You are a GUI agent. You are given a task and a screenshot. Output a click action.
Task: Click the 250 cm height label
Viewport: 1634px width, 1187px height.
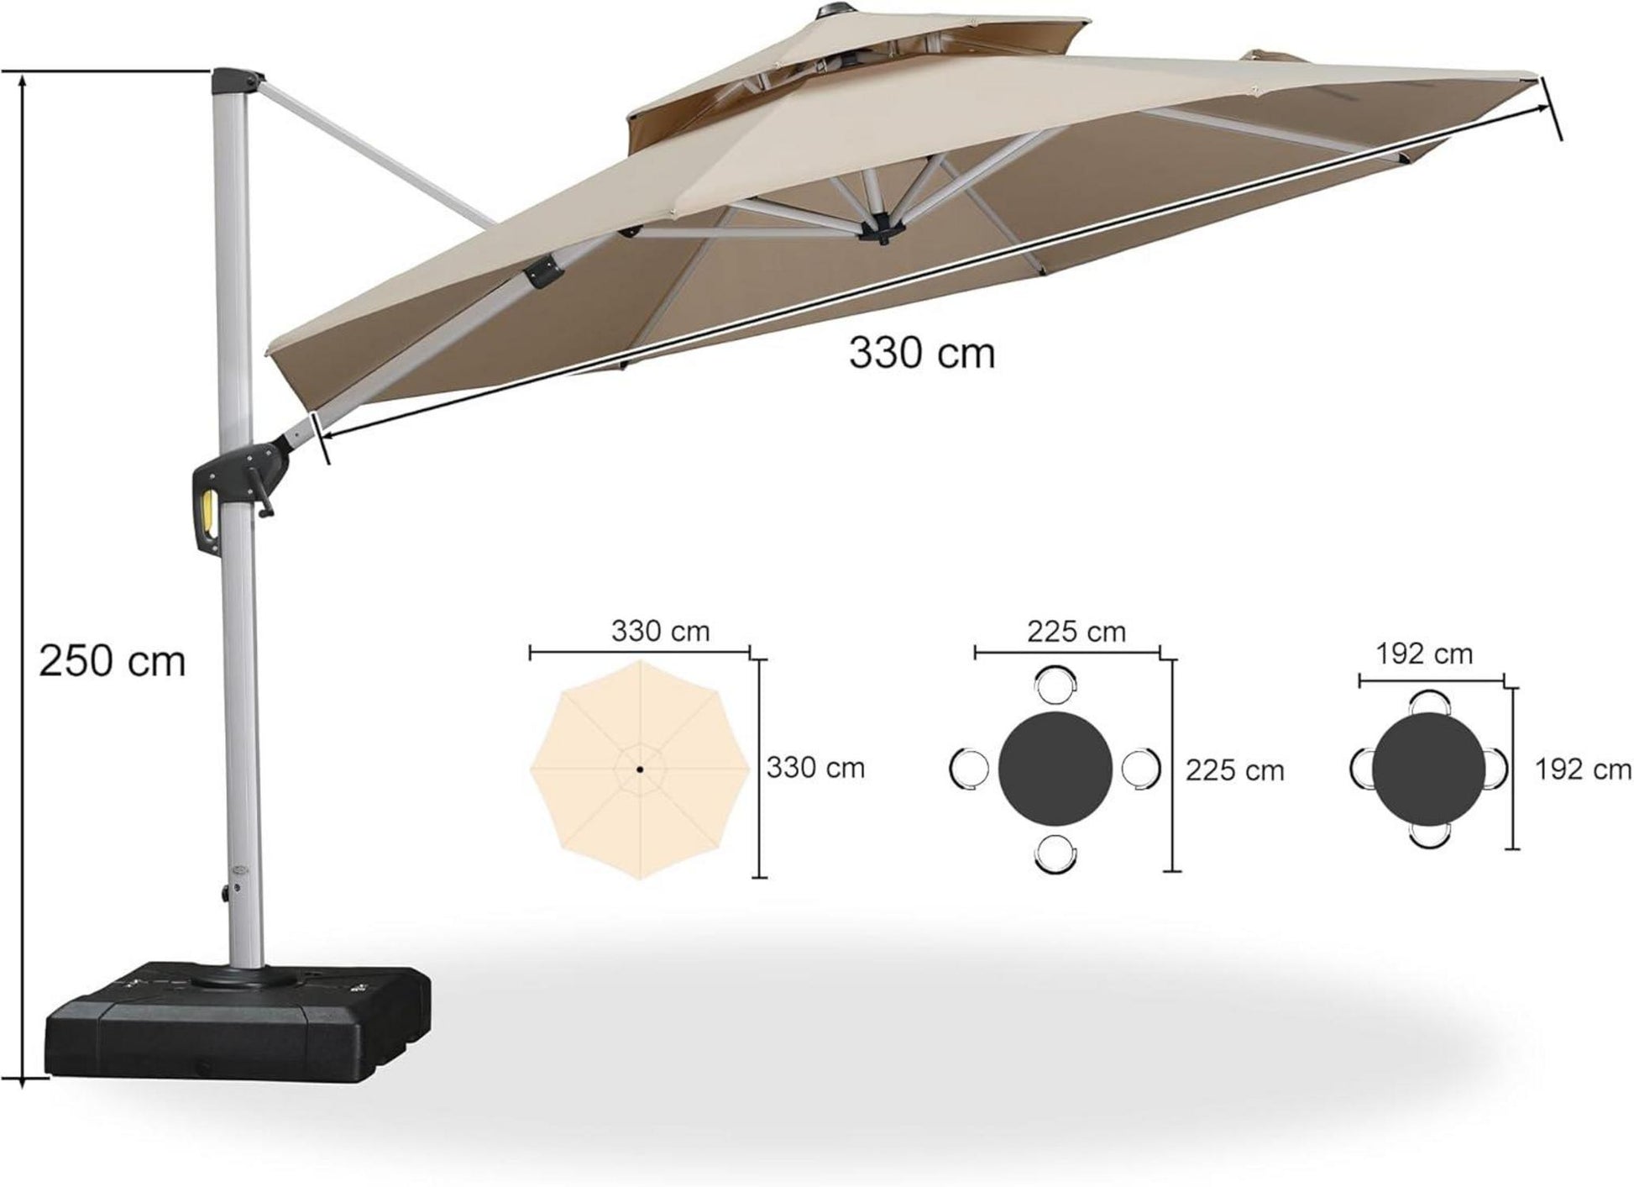[x=112, y=661]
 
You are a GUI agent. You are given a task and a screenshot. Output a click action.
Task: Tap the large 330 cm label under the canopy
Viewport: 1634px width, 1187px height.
[x=921, y=353]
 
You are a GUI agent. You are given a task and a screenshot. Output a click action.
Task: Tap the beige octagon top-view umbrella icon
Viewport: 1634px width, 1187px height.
[x=640, y=769]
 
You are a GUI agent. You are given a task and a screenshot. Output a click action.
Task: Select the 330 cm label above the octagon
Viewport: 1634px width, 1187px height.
[x=660, y=630]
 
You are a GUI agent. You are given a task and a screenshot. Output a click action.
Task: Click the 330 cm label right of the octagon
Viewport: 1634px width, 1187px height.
[x=815, y=768]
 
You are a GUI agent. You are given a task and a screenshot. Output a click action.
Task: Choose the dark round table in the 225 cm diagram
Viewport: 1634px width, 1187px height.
[x=1055, y=769]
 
